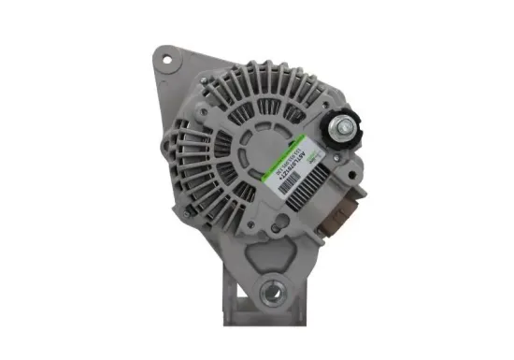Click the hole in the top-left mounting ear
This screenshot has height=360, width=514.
(169, 59)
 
